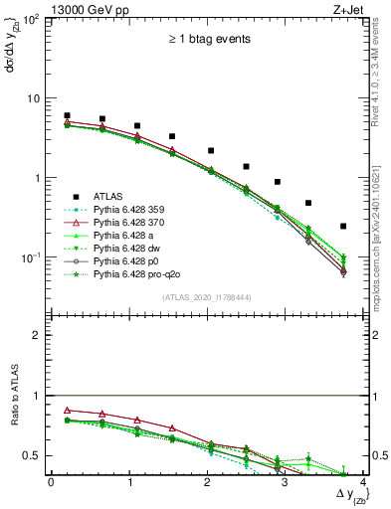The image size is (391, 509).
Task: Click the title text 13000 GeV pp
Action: [85, 8]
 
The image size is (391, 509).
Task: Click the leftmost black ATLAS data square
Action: [67, 115]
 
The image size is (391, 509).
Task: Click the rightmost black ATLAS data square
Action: [343, 227]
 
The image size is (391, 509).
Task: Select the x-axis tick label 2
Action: [207, 482]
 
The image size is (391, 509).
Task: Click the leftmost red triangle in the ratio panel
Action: [67, 410]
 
